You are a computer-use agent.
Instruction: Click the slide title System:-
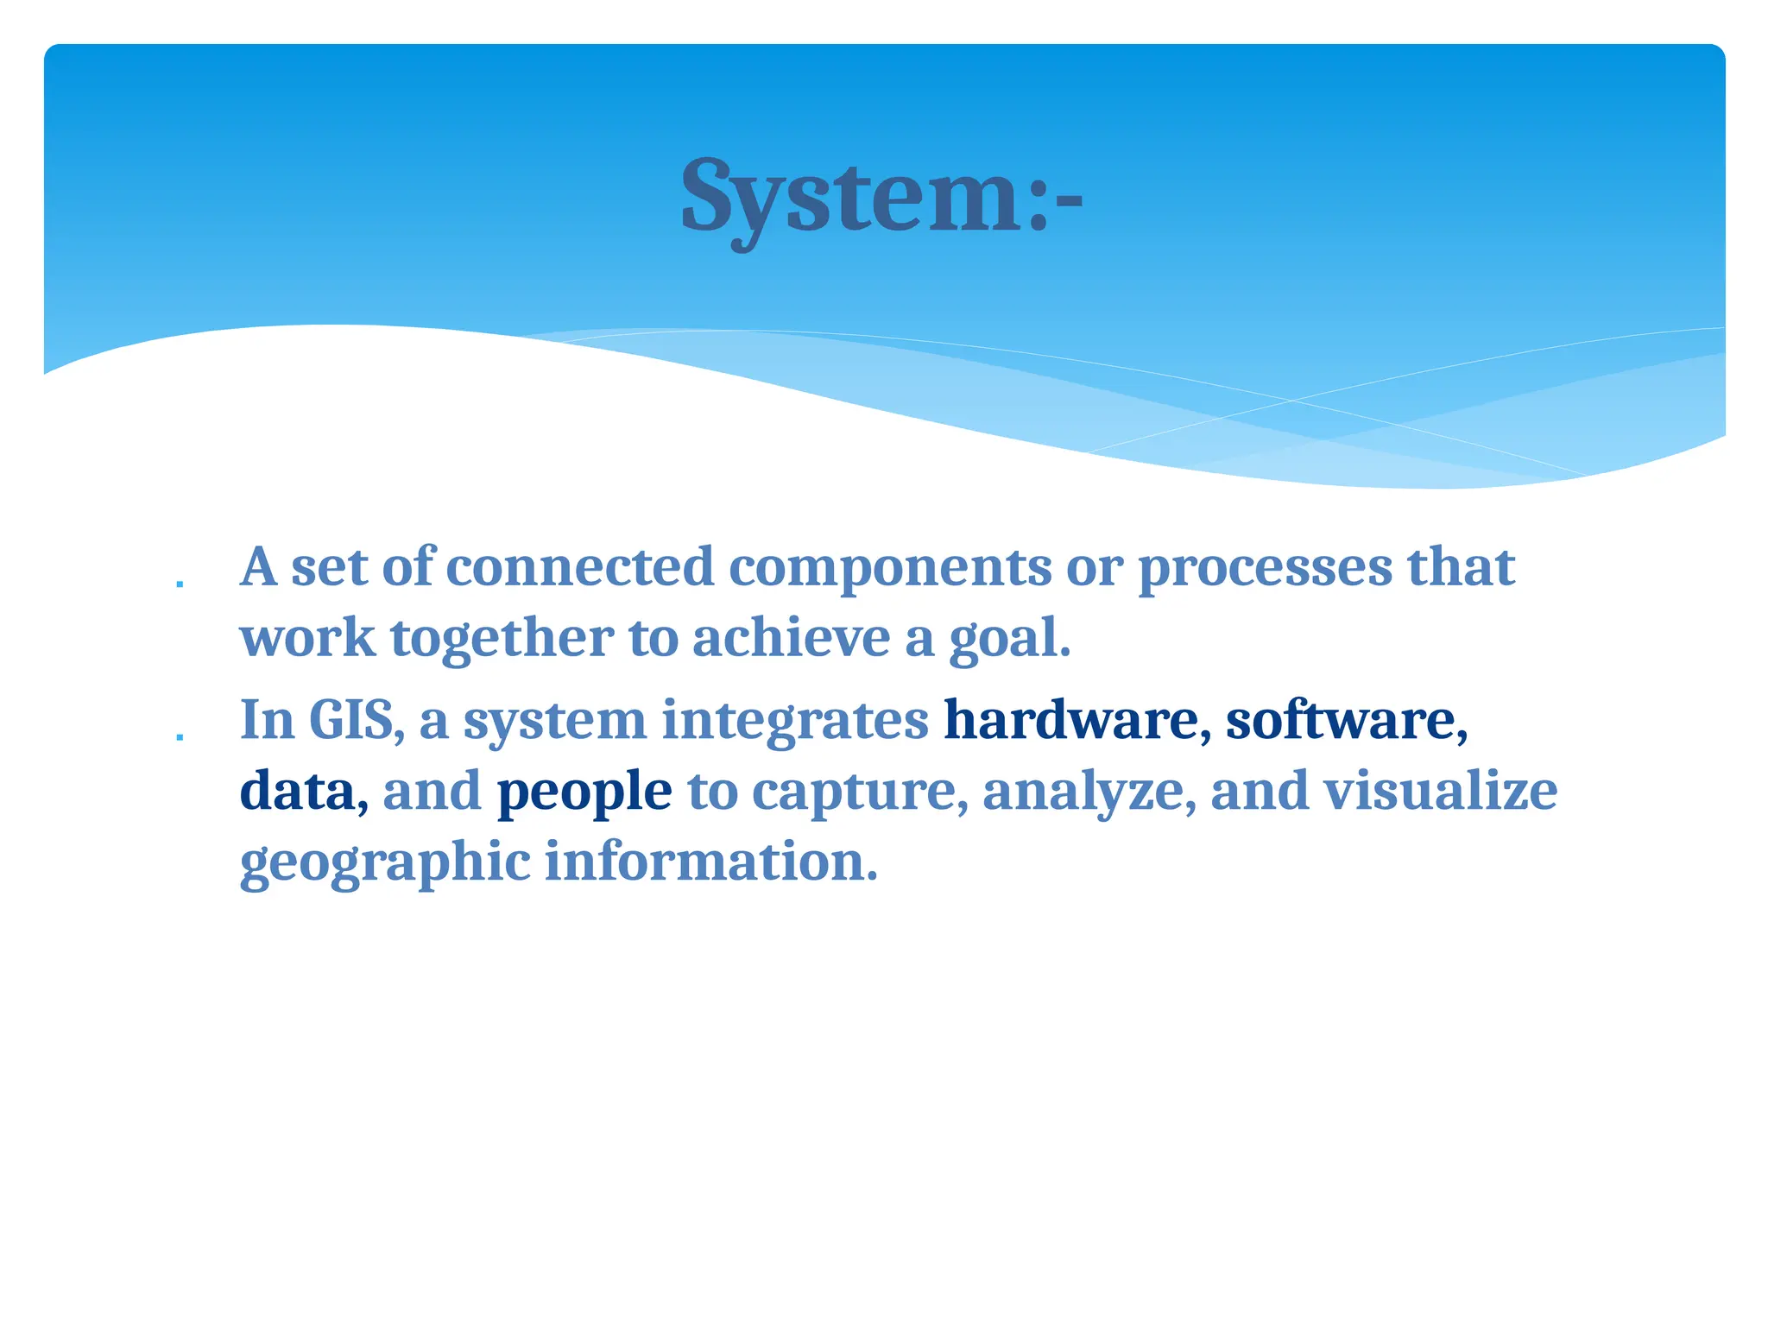pyautogui.click(x=881, y=199)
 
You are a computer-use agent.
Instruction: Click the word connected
pyautogui.click(x=580, y=568)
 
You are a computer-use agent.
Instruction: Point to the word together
pyautogui.click(x=502, y=640)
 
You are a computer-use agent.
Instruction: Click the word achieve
pyautogui.click(x=792, y=638)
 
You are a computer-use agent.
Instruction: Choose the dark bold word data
pyautogui.click(x=297, y=791)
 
